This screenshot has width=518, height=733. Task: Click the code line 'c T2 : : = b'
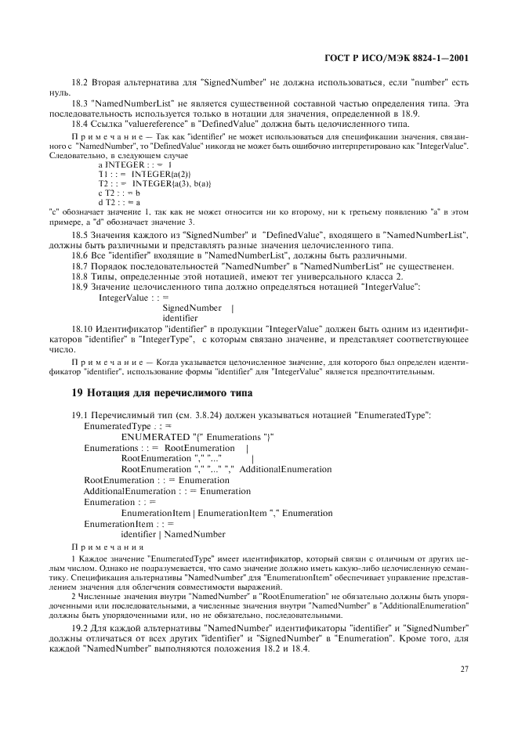coord(119,192)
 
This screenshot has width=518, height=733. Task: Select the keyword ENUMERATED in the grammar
coord(155,436)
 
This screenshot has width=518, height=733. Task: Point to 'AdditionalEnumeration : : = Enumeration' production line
coord(156,491)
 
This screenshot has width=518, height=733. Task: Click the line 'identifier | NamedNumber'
coord(172,534)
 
